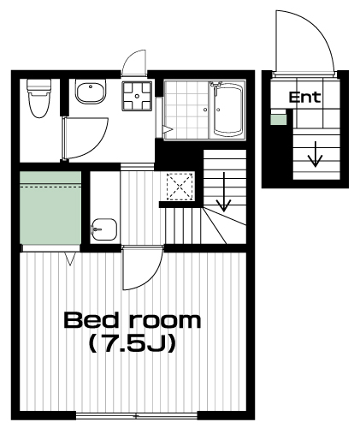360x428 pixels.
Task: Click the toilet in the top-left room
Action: pyautogui.click(x=39, y=98)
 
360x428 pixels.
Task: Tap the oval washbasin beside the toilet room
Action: pyautogui.click(x=91, y=92)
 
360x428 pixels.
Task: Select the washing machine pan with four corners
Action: pyautogui.click(x=137, y=96)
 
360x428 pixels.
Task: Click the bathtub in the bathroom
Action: pyautogui.click(x=227, y=110)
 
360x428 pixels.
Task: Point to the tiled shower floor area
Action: pyautogui.click(x=186, y=110)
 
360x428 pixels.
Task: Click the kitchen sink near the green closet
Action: pyautogui.click(x=104, y=229)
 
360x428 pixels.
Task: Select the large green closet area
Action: pyautogui.click(x=50, y=207)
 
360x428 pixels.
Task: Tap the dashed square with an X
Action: pyautogui.click(x=180, y=187)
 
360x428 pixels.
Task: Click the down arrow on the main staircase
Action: pyautogui.click(x=224, y=192)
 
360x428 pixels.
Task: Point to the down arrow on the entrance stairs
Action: pyautogui.click(x=315, y=154)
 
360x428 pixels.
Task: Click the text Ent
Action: pyautogui.click(x=304, y=97)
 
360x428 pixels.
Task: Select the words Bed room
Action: pyautogui.click(x=133, y=320)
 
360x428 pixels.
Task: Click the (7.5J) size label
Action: pyautogui.click(x=132, y=344)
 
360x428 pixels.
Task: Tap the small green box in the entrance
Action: pyautogui.click(x=278, y=119)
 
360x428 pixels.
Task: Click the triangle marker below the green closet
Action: pyautogui.click(x=70, y=259)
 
